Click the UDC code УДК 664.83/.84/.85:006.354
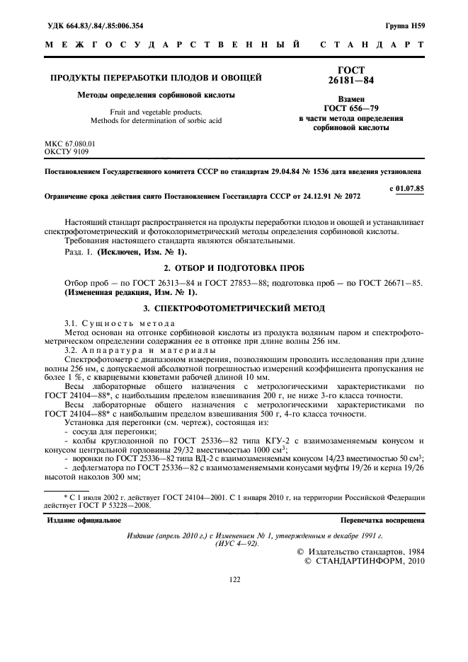pos(94,26)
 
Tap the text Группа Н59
pos(405,26)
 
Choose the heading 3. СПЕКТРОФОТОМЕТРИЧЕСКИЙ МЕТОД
pos(234,308)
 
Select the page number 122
pos(234,579)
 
